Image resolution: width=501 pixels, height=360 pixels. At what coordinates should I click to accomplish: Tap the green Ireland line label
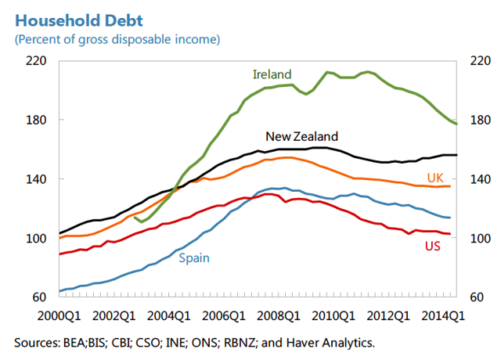pyautogui.click(x=272, y=74)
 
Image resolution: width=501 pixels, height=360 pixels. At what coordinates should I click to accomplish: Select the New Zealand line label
pyautogui.click(x=302, y=135)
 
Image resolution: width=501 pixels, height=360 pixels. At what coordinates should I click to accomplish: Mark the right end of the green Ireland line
pyautogui.click(x=457, y=124)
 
